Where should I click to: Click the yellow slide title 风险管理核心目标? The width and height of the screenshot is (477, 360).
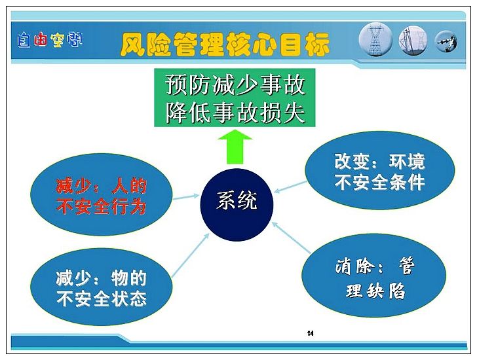click(225, 45)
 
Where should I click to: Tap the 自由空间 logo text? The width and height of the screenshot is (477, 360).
click(50, 40)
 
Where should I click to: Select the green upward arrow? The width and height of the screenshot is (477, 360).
click(235, 147)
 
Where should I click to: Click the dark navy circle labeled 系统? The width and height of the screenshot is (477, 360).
click(237, 205)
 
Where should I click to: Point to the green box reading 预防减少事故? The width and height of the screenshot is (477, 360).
click(235, 98)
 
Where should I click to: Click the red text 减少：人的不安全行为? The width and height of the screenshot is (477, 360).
click(102, 196)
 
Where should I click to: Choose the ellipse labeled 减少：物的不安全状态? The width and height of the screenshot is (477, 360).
click(102, 287)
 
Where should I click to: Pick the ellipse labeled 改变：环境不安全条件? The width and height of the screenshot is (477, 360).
click(379, 170)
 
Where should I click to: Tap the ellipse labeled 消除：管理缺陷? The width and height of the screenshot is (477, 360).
click(374, 276)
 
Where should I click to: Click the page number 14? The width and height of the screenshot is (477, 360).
click(311, 333)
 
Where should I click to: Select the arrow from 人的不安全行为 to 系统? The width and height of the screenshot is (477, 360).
click(186, 197)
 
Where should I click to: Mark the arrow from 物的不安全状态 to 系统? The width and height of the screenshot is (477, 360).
click(191, 255)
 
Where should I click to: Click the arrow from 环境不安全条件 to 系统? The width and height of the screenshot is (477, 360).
click(290, 187)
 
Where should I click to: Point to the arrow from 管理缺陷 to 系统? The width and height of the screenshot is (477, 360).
click(291, 237)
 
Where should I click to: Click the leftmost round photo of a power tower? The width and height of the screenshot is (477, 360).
click(375, 41)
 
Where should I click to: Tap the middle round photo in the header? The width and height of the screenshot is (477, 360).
click(413, 41)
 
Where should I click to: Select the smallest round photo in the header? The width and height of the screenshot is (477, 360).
click(446, 42)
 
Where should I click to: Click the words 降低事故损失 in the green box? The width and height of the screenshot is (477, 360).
click(235, 112)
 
